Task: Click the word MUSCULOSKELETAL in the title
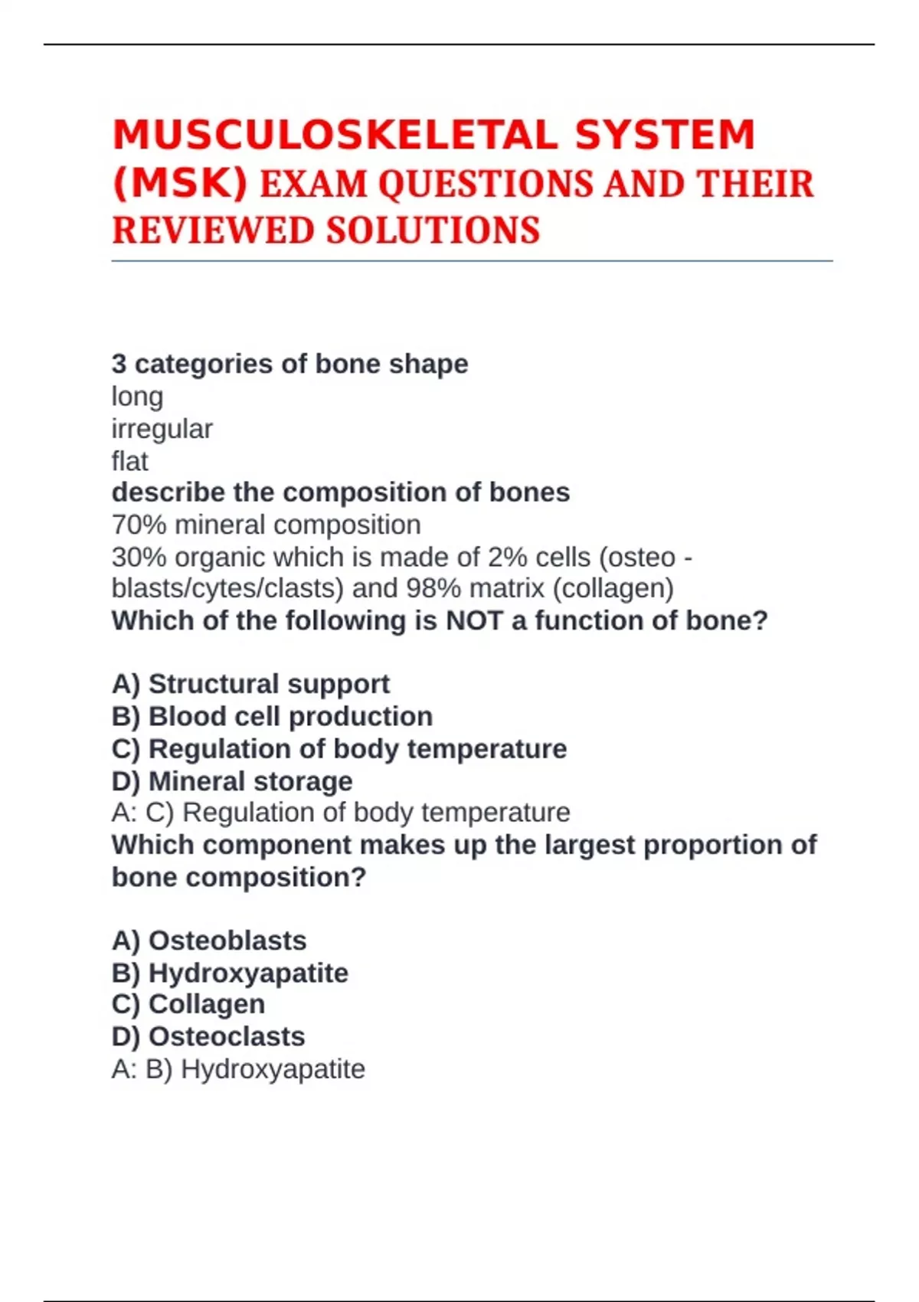coord(335,136)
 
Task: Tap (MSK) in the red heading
coord(180,184)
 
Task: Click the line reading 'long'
coord(138,397)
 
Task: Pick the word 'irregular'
coord(162,429)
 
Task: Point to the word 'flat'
coord(130,461)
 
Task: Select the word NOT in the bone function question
coord(474,620)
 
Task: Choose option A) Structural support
coord(250,684)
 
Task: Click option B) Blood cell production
coord(272,716)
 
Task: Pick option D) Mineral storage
coord(232,781)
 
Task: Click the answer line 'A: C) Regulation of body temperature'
coord(341,812)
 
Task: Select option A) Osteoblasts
coord(209,941)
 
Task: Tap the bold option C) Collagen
coord(188,1004)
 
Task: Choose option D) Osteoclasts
coord(208,1036)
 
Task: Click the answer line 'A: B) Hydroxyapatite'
coord(238,1068)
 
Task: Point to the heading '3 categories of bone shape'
coord(289,364)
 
